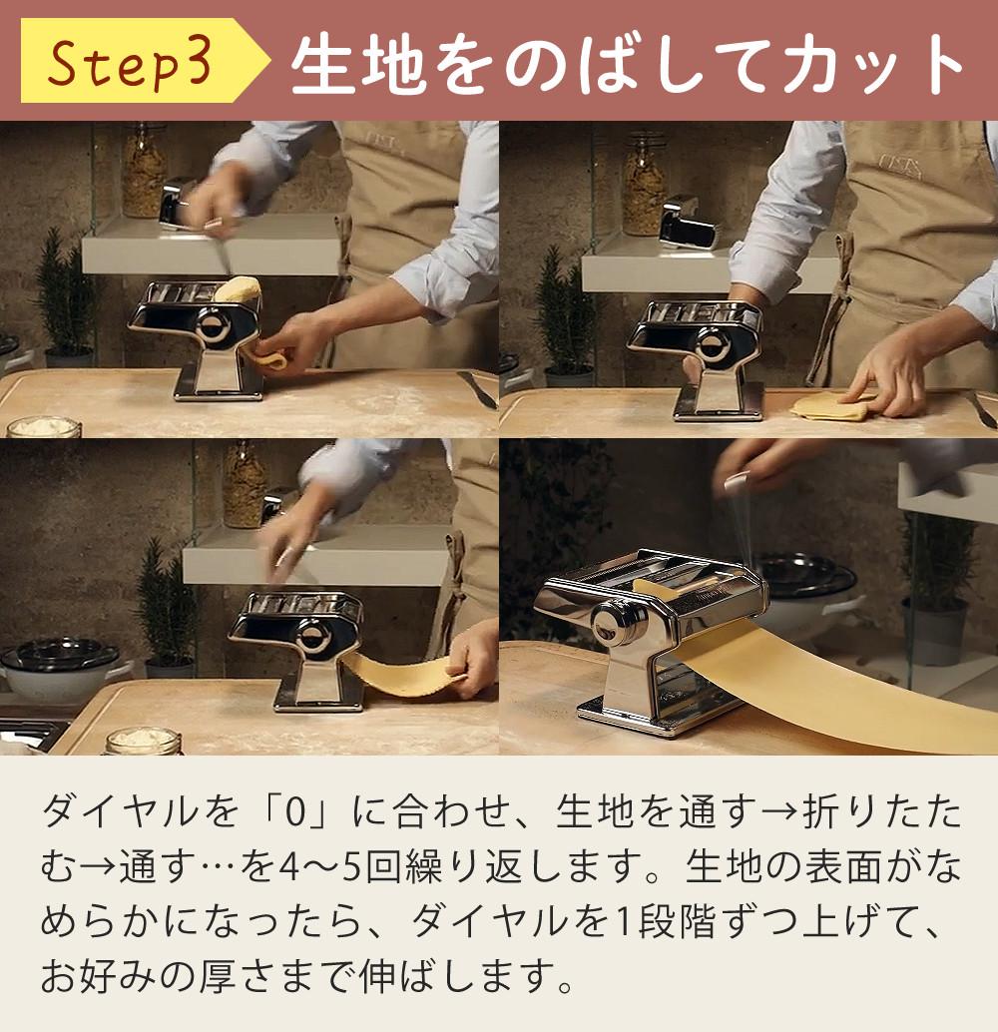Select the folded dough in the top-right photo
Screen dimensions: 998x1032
coord(829,407)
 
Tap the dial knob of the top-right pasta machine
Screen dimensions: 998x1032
coord(713,344)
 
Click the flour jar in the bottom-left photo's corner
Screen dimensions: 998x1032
coord(143,742)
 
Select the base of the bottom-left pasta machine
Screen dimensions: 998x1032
coord(318,702)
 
